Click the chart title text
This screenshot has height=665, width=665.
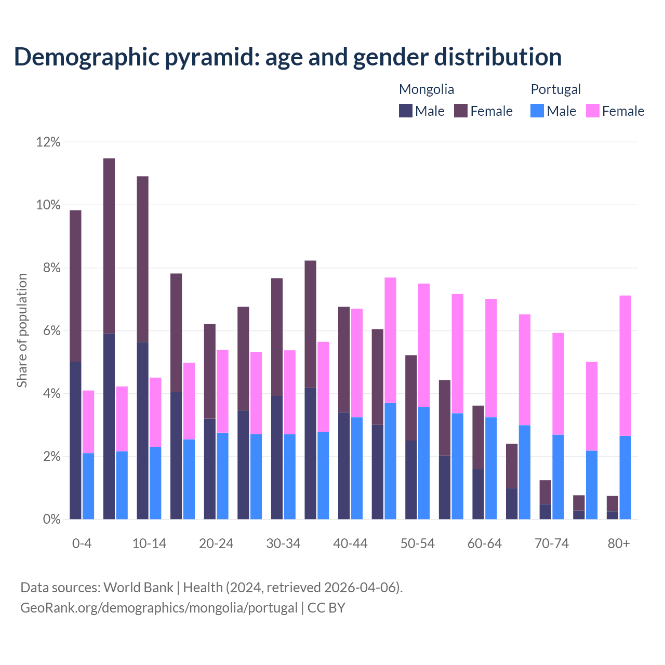287,57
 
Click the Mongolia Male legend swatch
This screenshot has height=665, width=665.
405,111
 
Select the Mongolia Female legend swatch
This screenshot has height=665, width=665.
461,111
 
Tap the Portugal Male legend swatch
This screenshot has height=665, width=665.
537,111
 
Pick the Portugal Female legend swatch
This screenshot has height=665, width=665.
592,111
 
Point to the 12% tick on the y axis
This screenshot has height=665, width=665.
48,142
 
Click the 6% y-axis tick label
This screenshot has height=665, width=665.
48,331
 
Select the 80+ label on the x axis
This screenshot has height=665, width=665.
619,543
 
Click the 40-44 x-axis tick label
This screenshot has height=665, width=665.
350,543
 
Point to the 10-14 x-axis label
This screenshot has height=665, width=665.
149,543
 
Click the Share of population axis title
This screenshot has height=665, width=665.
22,330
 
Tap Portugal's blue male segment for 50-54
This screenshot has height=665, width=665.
424,463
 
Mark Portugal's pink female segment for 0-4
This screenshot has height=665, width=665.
88,421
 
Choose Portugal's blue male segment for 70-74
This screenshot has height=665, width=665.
558,477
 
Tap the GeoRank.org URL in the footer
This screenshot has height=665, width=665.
158,608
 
